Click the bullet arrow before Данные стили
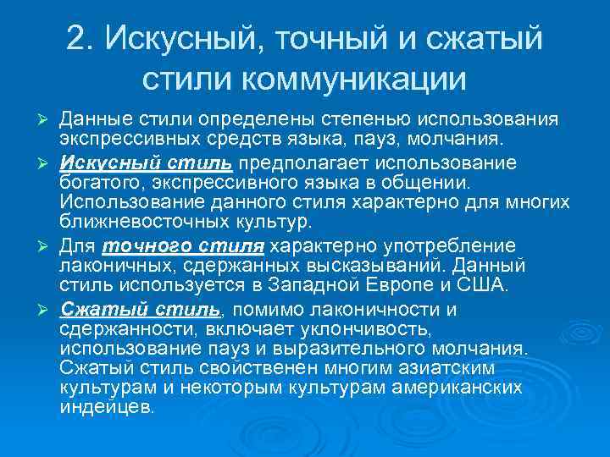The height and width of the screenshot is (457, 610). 47,116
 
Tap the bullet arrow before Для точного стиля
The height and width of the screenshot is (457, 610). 47,245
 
